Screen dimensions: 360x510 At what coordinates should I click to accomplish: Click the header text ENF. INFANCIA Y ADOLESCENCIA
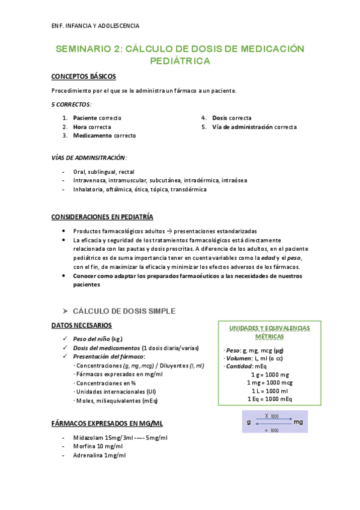[96, 26]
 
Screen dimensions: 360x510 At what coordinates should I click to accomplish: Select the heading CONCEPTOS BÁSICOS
[84, 76]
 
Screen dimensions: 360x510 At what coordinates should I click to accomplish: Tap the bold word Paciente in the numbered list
[85, 118]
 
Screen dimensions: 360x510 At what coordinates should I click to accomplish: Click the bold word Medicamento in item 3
[93, 136]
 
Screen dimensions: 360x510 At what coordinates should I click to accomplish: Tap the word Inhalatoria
[88, 189]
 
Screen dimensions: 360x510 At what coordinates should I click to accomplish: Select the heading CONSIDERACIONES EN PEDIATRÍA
[102, 217]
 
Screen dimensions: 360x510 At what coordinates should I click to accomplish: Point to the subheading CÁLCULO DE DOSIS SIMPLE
[124, 311]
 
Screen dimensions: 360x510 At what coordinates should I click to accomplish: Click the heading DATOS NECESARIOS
[81, 325]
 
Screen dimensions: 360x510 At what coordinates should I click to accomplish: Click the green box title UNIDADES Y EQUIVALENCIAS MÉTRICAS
[270, 332]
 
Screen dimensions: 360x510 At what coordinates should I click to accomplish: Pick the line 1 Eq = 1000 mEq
[269, 398]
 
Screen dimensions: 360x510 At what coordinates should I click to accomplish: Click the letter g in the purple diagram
[249, 422]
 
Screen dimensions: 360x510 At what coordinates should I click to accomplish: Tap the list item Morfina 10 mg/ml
[98, 446]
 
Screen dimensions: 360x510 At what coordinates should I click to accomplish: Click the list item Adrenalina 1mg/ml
[99, 455]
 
